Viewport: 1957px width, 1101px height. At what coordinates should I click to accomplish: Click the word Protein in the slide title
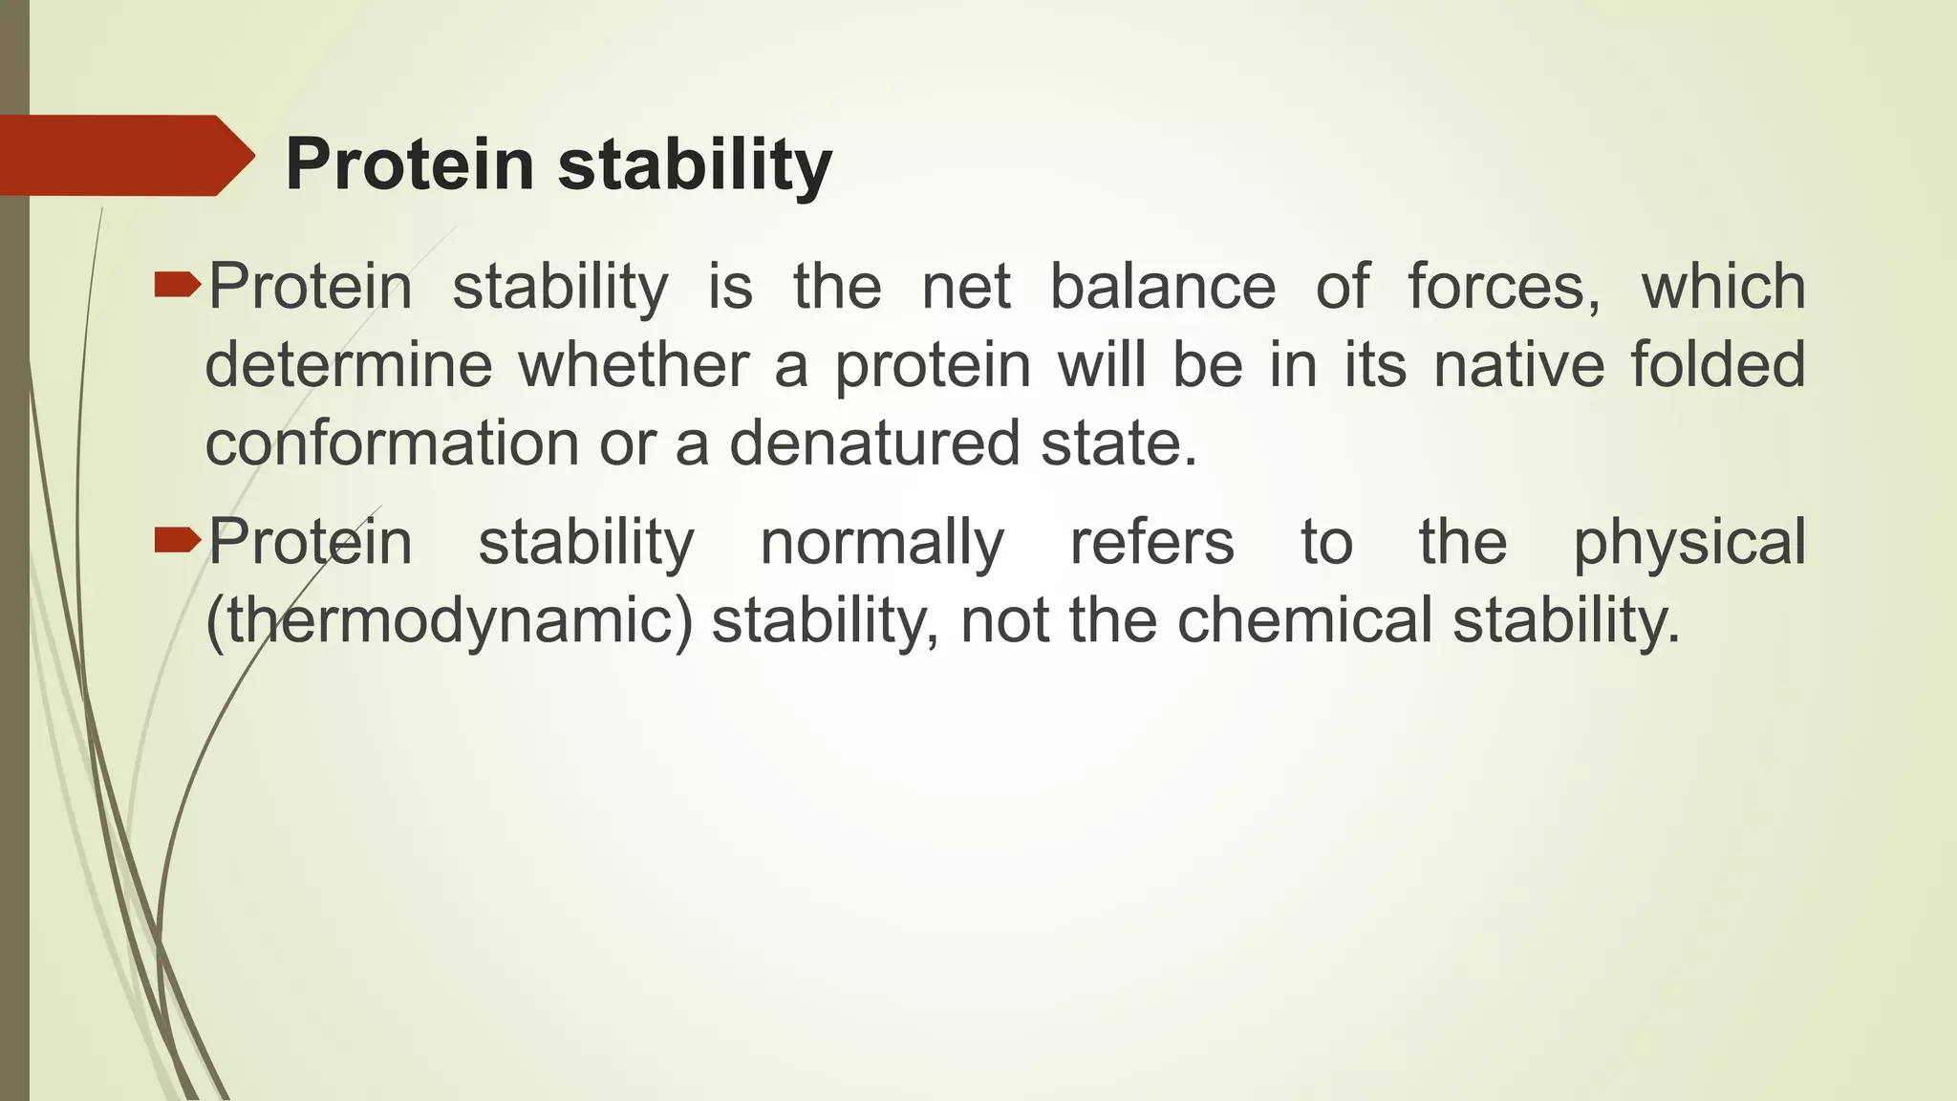pyautogui.click(x=409, y=164)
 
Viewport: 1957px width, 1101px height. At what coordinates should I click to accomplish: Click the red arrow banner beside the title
pyautogui.click(x=124, y=155)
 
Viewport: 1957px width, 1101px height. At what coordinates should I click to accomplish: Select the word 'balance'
pyautogui.click(x=1162, y=286)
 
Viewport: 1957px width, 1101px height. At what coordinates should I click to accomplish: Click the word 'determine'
pyautogui.click(x=349, y=365)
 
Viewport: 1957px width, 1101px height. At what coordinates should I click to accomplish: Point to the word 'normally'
pyautogui.click(x=881, y=542)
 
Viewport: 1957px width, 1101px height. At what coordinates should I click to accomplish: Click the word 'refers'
pyautogui.click(x=1151, y=542)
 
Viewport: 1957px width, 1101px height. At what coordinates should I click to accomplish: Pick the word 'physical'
pyautogui.click(x=1688, y=542)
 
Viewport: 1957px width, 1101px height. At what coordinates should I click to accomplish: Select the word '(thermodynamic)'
pyautogui.click(x=449, y=620)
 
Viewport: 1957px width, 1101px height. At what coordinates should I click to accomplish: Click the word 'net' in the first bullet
pyautogui.click(x=965, y=286)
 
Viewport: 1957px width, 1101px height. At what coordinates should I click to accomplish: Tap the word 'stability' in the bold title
pyautogui.click(x=695, y=164)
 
